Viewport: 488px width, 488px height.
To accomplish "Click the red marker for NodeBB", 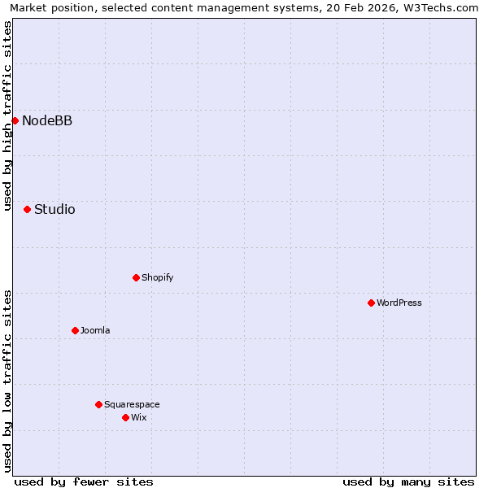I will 15,120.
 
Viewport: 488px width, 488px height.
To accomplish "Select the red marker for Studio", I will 27,209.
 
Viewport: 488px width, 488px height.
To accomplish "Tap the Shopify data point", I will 136,277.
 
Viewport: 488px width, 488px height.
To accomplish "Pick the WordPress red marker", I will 371,303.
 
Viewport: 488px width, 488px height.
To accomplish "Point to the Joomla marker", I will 75,330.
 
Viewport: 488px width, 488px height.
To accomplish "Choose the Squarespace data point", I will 98,404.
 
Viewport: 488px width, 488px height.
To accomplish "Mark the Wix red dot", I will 125,417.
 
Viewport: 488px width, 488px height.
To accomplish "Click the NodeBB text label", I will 47,121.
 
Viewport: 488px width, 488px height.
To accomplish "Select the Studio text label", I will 54,210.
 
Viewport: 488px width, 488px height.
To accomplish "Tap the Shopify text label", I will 157,277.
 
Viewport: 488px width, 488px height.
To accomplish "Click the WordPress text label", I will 399,303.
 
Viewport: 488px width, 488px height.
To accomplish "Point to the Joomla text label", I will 95,330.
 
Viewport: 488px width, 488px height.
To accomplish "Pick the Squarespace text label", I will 132,404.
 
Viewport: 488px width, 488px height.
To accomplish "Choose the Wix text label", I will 139,417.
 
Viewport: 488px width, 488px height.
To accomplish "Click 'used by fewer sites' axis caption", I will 84,481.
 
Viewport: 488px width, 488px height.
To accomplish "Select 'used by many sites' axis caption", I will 408,481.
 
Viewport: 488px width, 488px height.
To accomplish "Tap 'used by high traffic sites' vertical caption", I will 7,116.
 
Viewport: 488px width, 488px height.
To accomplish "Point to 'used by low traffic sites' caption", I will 7,381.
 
